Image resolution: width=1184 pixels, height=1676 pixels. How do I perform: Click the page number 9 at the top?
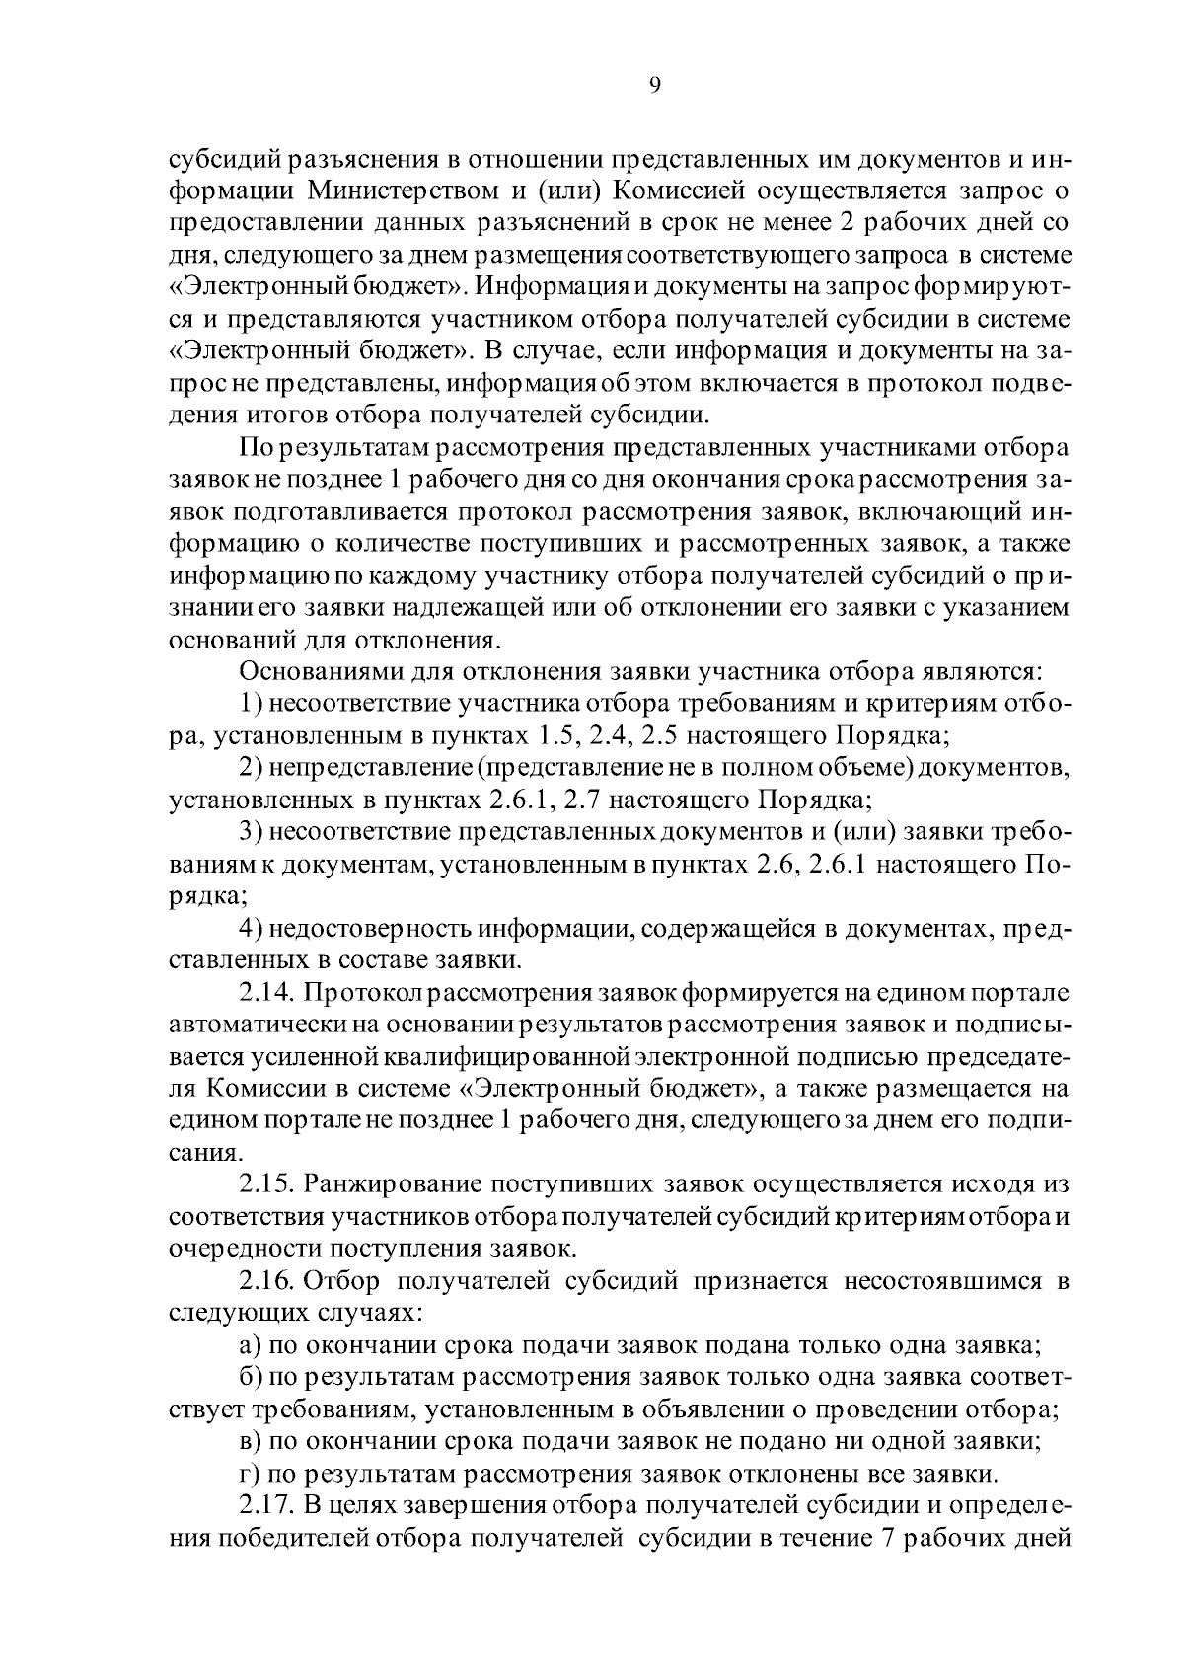pos(655,85)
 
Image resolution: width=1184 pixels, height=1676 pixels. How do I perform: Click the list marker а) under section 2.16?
pos(251,1345)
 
